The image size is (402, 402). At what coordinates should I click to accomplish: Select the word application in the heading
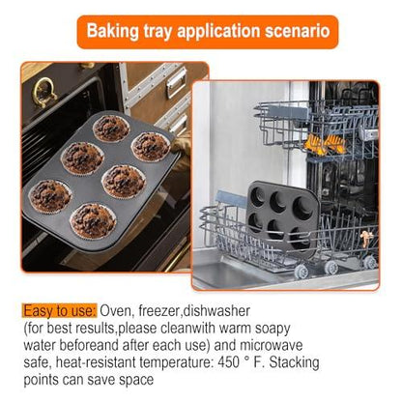217,32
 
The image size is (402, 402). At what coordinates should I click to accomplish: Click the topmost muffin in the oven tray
112,128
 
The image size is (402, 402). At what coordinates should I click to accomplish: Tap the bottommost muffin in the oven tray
93,219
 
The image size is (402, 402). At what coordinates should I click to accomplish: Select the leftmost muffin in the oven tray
49,196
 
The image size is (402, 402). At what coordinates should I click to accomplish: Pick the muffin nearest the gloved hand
151,147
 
